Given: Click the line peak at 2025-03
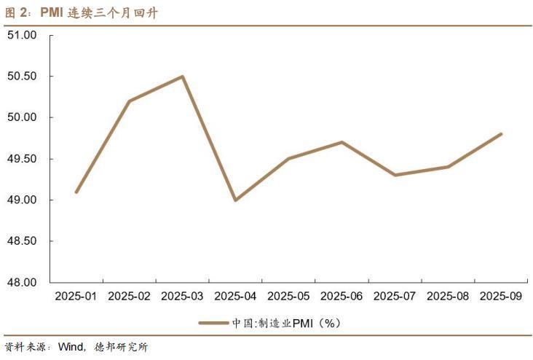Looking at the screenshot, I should click(x=183, y=77).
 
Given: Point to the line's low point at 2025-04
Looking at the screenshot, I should click(x=235, y=200).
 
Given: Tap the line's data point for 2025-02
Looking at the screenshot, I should click(x=130, y=101).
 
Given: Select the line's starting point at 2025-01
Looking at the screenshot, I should click(x=76, y=192).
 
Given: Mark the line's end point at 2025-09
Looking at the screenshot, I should click(x=501, y=134).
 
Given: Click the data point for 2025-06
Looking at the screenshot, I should click(x=341, y=142).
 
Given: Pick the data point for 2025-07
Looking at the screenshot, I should click(x=395, y=175).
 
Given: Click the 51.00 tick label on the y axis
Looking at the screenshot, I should click(x=22, y=35).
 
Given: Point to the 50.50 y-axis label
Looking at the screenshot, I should click(x=22, y=77).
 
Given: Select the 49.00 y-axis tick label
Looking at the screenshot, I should click(x=22, y=200).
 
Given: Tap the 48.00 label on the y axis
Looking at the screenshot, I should click(x=22, y=282).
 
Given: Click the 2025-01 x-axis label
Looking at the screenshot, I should click(x=76, y=296).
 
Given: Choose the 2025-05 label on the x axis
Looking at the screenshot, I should click(x=288, y=296).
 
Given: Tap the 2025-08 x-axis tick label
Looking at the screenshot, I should click(x=448, y=296).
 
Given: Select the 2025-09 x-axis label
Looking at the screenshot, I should click(x=501, y=296).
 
